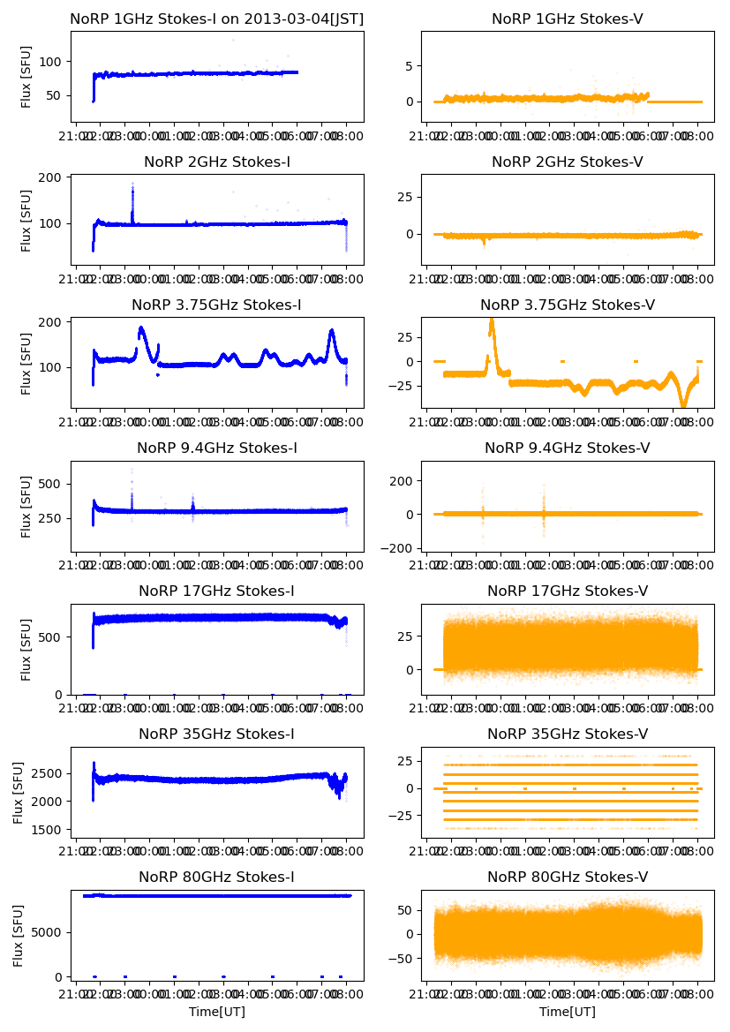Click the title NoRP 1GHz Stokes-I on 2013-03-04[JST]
[216, 19]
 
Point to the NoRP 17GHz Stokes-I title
[216, 591]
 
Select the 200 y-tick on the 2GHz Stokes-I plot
[54, 177]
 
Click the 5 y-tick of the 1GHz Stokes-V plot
[410, 65]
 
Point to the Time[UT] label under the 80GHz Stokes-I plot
[216, 1012]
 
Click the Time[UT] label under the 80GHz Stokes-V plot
[568, 1012]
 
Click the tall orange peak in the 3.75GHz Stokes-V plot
[492, 320]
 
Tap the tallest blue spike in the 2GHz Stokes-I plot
[132, 185]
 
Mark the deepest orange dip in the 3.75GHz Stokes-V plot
[683, 404]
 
